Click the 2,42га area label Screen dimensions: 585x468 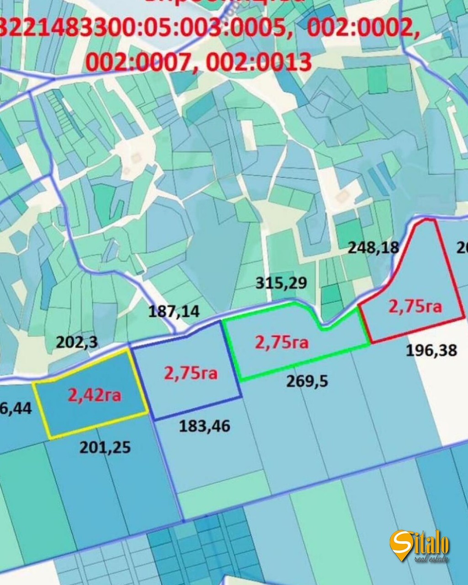coord(95,394)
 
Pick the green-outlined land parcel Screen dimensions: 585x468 coord(292,361)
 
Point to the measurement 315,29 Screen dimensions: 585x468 coord(281,283)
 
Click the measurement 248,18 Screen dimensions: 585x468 coord(373,248)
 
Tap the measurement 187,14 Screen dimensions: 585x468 coord(174,312)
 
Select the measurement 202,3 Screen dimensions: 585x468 coord(77,342)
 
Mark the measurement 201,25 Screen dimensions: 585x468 coord(105,447)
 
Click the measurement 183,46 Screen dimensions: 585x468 coord(204,426)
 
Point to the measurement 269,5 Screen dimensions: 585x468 coord(307,381)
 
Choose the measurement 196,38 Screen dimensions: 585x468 coord(431,351)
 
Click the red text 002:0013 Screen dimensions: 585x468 coord(259,62)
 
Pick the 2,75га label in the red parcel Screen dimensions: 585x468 coord(415,306)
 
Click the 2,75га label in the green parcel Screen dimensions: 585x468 coord(282,342)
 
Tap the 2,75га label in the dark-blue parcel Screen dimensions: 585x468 coord(191,373)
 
